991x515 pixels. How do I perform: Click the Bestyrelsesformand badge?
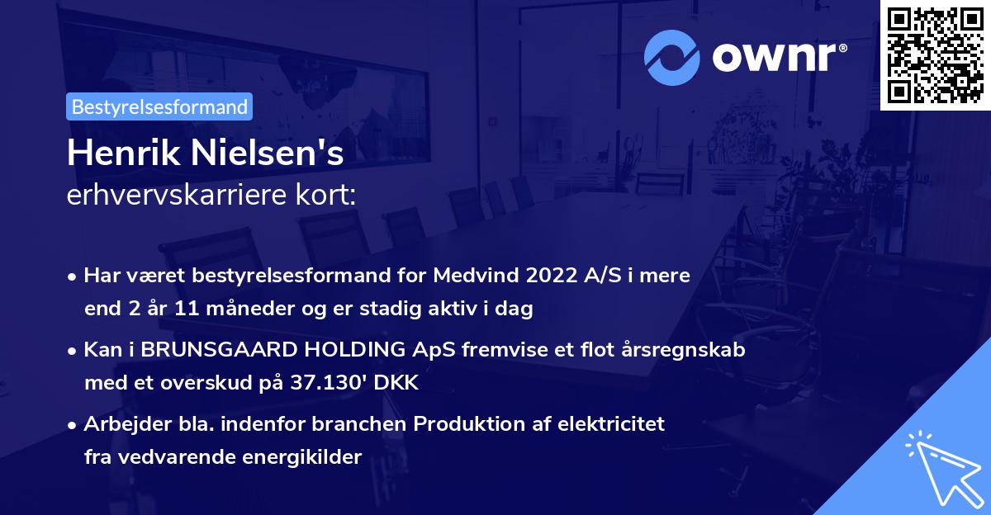(x=159, y=106)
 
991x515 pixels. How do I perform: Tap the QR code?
(x=935, y=54)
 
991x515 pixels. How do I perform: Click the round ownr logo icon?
(x=671, y=57)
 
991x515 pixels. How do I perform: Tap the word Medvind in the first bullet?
(x=471, y=276)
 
